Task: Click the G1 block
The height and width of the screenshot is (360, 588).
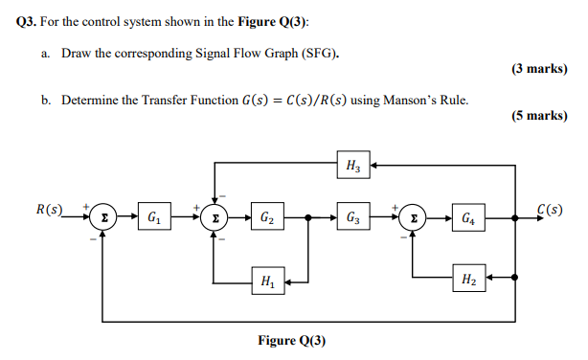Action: [154, 217]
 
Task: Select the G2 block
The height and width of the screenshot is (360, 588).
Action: [264, 217]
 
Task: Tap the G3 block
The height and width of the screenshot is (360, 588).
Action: [352, 217]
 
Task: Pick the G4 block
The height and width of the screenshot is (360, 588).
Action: [466, 217]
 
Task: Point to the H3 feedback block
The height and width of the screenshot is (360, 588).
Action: [352, 165]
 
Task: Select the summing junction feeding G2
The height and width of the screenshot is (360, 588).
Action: [216, 217]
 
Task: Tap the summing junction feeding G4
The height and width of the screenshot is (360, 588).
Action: [413, 217]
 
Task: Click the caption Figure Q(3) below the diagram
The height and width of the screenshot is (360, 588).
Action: [293, 342]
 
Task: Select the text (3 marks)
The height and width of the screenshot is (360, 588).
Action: [540, 70]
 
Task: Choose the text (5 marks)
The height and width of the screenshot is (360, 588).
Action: [540, 116]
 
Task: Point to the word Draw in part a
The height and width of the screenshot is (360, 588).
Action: [78, 55]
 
